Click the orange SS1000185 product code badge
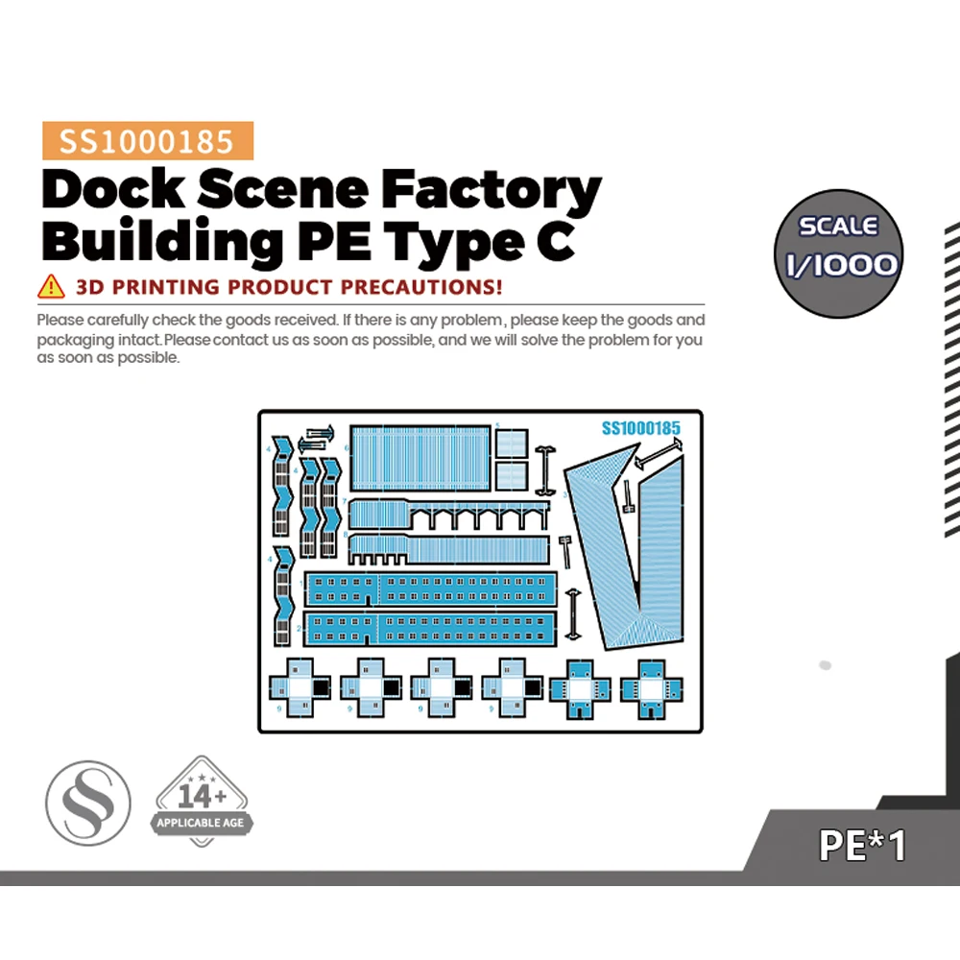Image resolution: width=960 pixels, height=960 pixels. tap(148, 141)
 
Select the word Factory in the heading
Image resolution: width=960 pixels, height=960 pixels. tap(491, 192)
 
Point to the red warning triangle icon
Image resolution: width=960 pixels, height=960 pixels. tap(50, 286)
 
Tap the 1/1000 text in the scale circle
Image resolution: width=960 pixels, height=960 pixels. tap(838, 263)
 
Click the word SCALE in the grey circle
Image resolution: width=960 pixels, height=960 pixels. tap(838, 227)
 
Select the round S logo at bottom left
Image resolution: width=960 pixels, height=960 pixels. tap(88, 803)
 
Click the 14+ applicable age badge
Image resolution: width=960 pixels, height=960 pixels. tap(202, 803)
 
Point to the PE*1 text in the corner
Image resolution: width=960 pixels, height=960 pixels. tap(861, 845)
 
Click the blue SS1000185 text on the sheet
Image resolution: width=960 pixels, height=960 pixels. tap(640, 428)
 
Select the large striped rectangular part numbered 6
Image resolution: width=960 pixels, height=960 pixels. tap(420, 460)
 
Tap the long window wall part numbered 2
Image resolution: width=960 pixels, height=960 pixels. tap(430, 627)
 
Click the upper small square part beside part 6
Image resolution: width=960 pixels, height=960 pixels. tap(512, 443)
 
